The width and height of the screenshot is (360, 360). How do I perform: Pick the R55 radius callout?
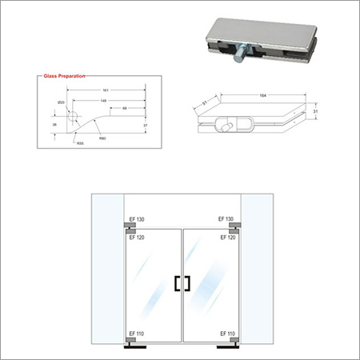coord(81,143)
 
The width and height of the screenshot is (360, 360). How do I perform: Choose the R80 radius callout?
coord(103,138)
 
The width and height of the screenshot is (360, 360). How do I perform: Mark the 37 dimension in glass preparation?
coord(150,125)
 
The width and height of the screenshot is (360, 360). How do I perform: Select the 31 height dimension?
coord(317,113)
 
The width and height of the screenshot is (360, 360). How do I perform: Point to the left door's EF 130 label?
coord(134,219)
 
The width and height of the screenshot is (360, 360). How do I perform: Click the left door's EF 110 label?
coord(134,333)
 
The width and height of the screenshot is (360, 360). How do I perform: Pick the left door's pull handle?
coord(175,283)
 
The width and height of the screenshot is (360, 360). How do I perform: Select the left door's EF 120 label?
coord(134,238)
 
